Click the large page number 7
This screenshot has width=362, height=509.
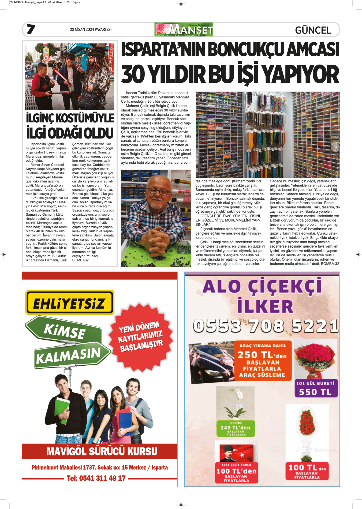point(31,29)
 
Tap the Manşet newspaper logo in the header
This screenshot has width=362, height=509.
point(184,29)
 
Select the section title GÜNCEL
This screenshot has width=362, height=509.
point(313,30)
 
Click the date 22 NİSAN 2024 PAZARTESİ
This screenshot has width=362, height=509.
point(91,29)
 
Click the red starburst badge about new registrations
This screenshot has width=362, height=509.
point(141,337)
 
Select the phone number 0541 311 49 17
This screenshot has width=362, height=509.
point(96,478)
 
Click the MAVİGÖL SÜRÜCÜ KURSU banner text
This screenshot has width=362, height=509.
point(102,451)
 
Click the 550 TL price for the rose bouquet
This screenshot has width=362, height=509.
point(315,392)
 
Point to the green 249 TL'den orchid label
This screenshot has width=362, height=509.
point(236,428)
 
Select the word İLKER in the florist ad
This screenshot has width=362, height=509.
point(265,306)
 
